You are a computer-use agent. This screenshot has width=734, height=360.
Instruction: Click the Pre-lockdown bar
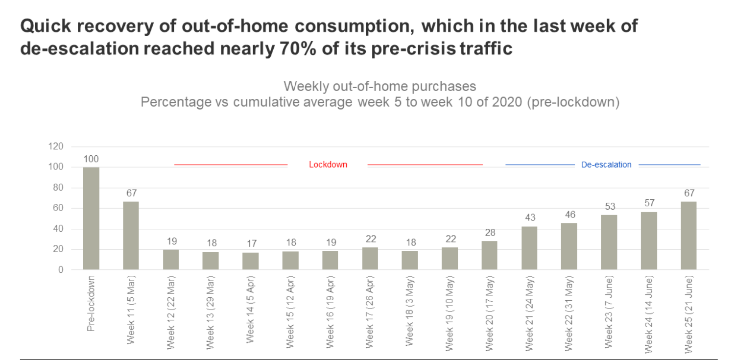[91, 218]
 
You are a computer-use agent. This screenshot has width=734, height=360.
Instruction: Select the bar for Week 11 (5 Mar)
[131, 236]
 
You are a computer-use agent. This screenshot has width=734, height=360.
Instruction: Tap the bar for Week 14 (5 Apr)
[250, 261]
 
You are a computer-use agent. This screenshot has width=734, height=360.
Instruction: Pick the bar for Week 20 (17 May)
[490, 255]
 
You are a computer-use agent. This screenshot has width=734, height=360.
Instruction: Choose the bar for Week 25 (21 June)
[688, 236]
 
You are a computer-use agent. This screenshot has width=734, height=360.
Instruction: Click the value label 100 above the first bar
[91, 159]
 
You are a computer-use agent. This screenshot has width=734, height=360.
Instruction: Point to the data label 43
[529, 217]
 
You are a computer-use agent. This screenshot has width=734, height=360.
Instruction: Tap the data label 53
[609, 207]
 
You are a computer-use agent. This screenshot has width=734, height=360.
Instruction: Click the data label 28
[490, 233]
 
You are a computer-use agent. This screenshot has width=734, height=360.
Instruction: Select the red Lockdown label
[328, 165]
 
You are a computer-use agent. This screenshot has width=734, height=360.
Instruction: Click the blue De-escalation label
[606, 165]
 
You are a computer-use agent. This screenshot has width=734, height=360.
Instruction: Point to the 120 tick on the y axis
[56, 146]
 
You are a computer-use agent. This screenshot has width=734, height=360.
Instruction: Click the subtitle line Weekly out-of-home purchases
[379, 87]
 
